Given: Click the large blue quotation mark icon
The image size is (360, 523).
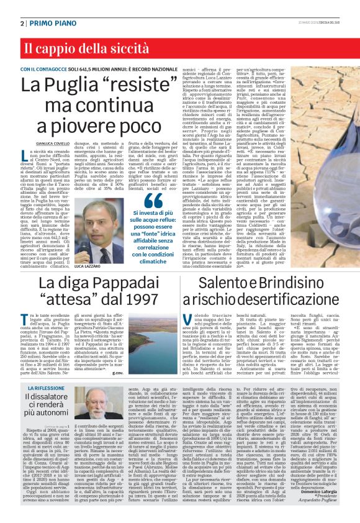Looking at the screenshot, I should pyautogui.click(x=153, y=200).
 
